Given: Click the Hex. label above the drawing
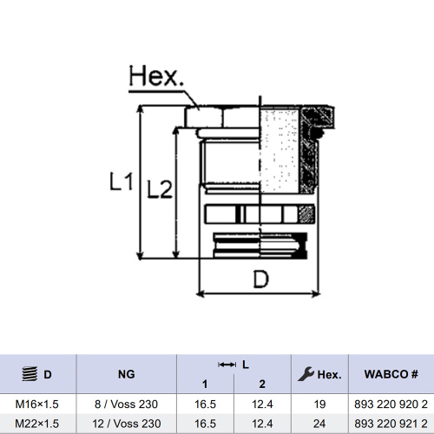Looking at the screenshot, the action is [156, 76].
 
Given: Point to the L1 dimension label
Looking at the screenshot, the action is [122, 181].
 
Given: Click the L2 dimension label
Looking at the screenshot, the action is [160, 189].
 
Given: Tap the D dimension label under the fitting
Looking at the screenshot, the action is [261, 279].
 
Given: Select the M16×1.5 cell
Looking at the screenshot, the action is [36, 404].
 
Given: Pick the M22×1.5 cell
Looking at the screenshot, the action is [36, 424].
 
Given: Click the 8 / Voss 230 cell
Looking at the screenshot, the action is [126, 404].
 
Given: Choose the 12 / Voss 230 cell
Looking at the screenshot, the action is [127, 424].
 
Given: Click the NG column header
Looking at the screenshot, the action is [127, 374].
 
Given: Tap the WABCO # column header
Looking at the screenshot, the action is [391, 374].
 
